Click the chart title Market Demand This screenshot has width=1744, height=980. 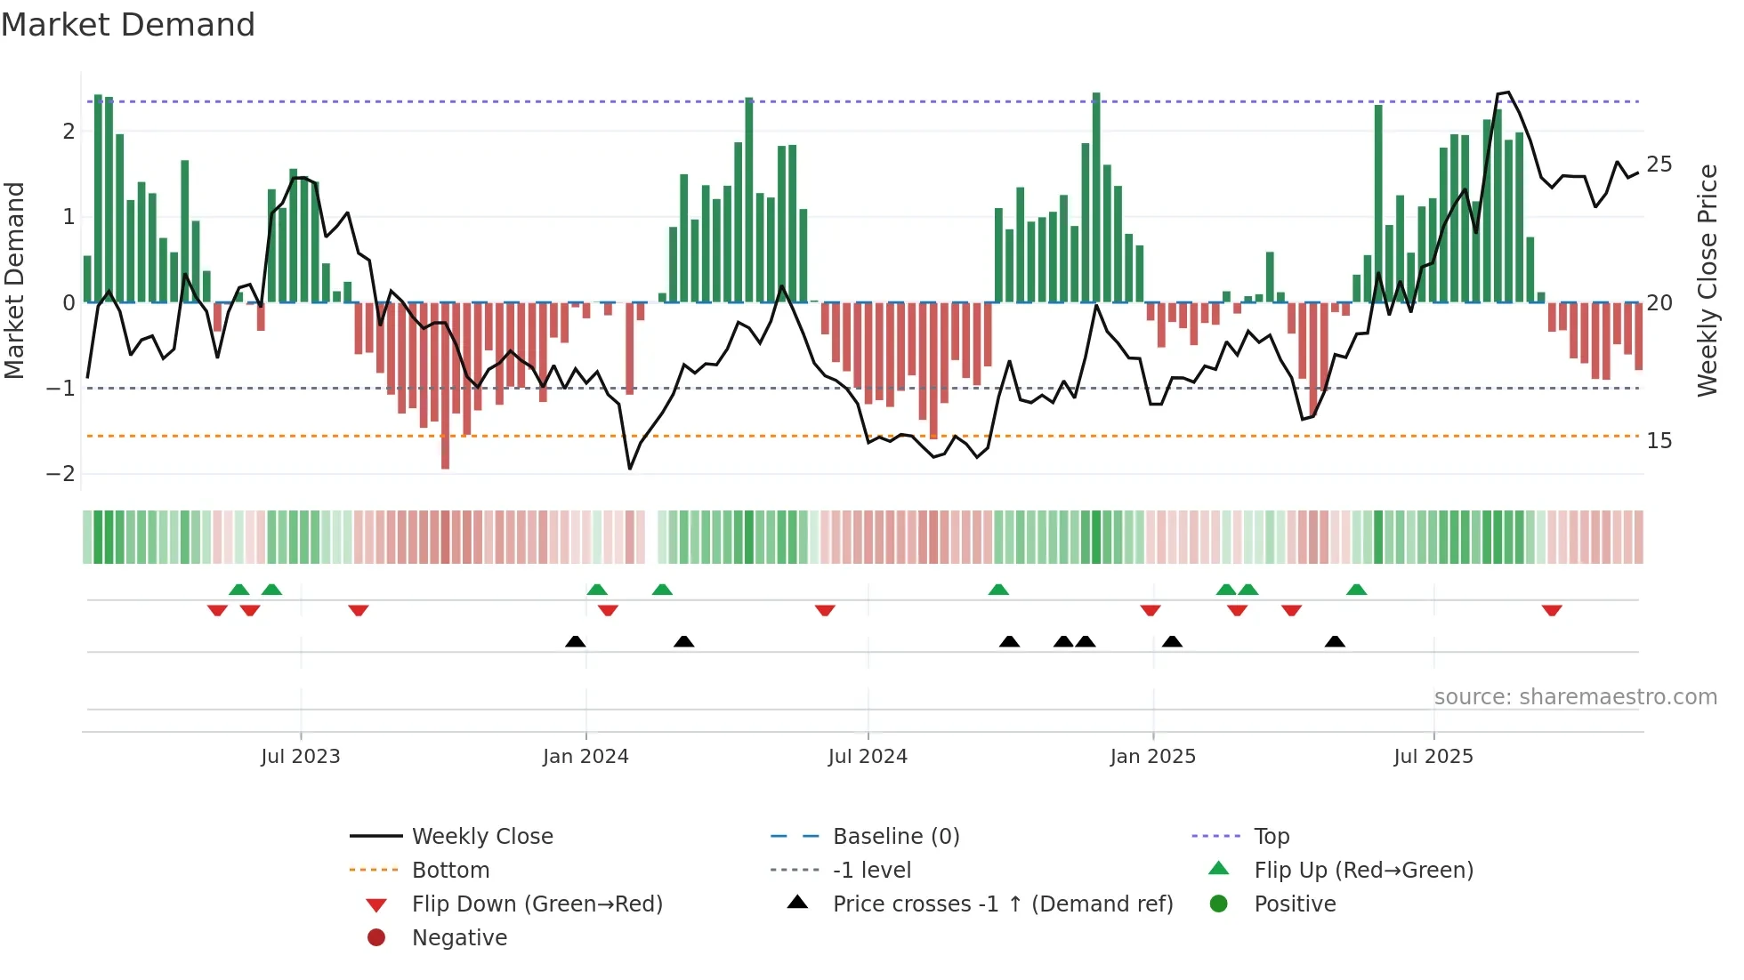tap(128, 25)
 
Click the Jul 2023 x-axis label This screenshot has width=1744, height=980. tap(300, 757)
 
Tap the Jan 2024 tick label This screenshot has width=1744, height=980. tap(585, 757)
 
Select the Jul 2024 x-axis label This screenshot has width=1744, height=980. tap(868, 757)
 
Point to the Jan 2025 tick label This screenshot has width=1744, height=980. tap(1152, 757)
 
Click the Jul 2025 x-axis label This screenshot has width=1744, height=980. tap(1433, 757)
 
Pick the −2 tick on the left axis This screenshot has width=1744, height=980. tap(61, 474)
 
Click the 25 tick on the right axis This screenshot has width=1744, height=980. tap(1659, 165)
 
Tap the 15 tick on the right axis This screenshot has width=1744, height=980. tap(1659, 441)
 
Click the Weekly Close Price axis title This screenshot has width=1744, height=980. tap(1707, 280)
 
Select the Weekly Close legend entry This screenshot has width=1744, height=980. tap(481, 837)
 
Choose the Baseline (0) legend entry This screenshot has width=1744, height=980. tap(895, 837)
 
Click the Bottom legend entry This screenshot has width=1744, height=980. tap(450, 871)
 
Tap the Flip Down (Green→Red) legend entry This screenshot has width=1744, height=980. tap(537, 904)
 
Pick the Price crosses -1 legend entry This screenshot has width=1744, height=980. tap(1002, 904)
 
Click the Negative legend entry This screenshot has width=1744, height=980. tap(459, 938)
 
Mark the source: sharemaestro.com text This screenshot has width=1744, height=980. tap(1575, 697)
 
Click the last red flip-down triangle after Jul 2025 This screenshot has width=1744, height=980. tap(1552, 611)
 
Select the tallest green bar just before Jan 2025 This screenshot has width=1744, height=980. tap(1096, 196)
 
